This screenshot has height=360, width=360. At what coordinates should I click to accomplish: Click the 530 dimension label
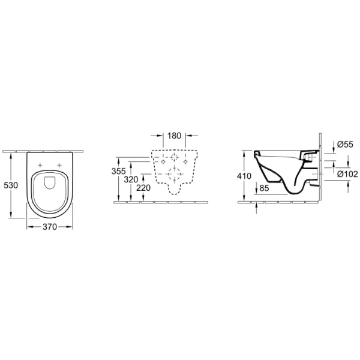point(11,185)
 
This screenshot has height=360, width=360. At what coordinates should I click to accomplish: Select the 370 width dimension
point(50,227)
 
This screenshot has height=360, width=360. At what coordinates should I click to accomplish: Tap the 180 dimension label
point(174,136)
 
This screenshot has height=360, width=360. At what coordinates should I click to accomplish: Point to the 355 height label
point(119,171)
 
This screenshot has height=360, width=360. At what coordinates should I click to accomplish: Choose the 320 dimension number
point(131,179)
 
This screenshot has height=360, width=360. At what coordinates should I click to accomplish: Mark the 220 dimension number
point(143,188)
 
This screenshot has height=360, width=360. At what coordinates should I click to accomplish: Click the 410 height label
point(244,176)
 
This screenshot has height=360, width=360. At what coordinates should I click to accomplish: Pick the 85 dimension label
point(264,188)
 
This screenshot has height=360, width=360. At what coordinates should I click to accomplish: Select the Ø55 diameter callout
point(345,145)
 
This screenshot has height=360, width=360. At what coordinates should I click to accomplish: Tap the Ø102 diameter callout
point(347,174)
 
